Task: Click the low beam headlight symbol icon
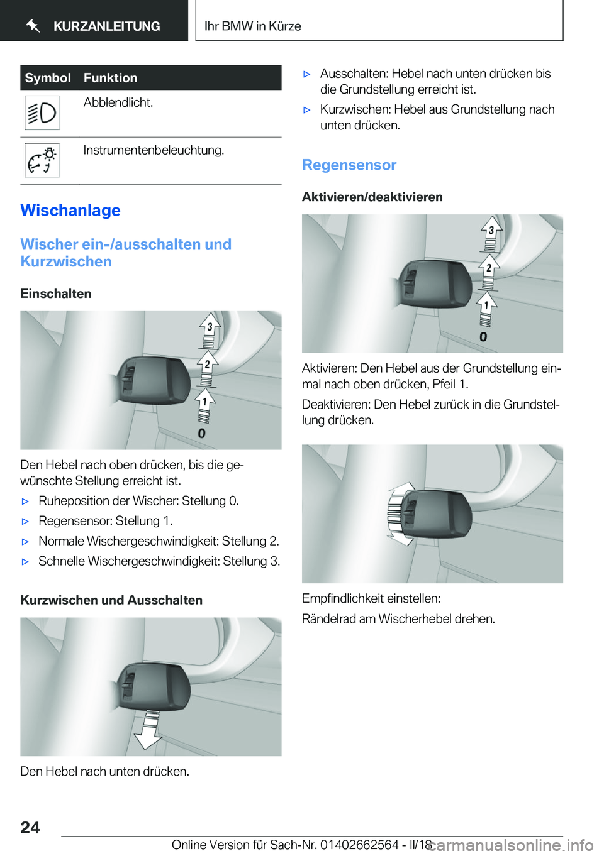click(x=42, y=113)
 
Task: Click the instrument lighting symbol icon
click(x=42, y=160)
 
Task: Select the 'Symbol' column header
click(x=48, y=78)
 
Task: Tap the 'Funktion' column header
click(x=110, y=78)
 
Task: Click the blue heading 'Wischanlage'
click(x=70, y=211)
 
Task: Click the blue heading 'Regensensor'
click(x=349, y=165)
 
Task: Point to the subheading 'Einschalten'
click(x=56, y=294)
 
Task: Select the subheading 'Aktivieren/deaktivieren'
click(x=372, y=197)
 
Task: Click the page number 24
click(x=30, y=827)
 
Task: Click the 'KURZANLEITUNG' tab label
click(x=106, y=26)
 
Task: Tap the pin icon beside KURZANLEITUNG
click(x=33, y=26)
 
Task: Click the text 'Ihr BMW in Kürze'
click(x=252, y=26)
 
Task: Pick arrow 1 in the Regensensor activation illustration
click(x=486, y=306)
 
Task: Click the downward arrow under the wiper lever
click(x=149, y=732)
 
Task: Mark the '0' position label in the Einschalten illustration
click(x=201, y=434)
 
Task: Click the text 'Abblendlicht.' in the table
click(x=118, y=102)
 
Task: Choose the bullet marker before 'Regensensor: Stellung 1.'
click(x=26, y=522)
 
